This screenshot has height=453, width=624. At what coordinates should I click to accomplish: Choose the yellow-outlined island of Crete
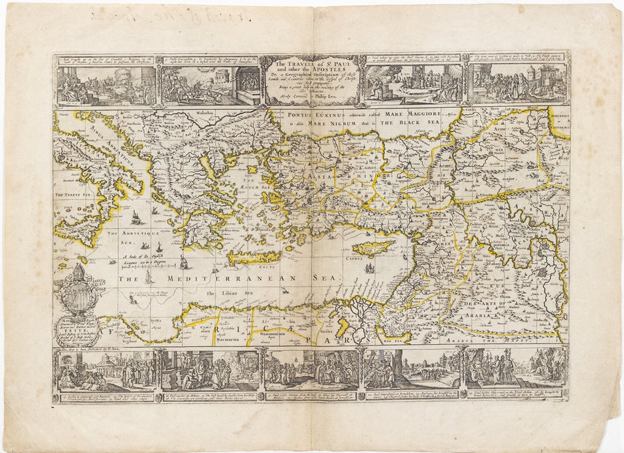click(x=255, y=257)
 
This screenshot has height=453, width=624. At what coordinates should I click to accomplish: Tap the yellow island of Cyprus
click(x=374, y=249)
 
